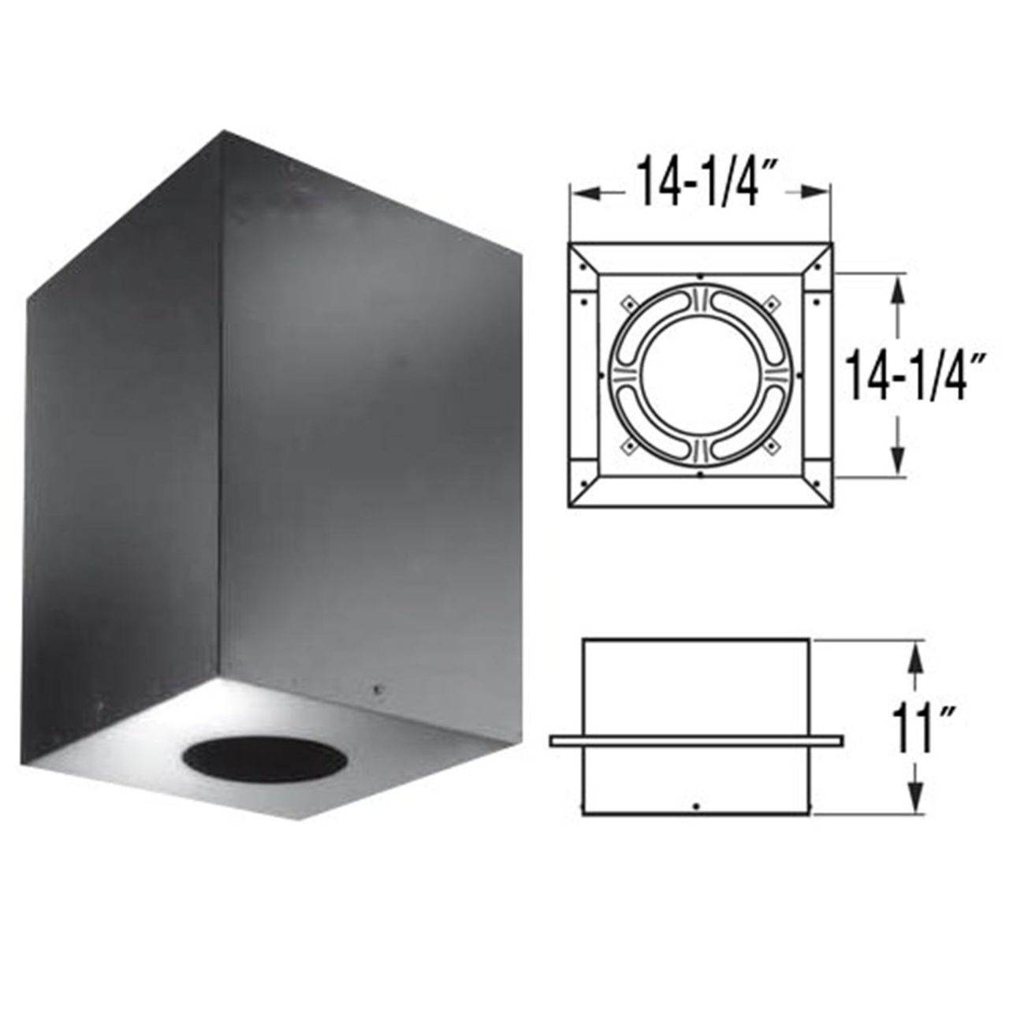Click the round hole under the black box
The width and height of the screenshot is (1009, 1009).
point(265,761)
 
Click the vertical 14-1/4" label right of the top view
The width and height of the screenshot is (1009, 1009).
point(906,376)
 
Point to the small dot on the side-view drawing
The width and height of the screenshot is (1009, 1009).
point(694,806)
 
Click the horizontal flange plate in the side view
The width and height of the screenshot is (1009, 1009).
point(696,741)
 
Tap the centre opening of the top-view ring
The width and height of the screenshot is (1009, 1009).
point(699,373)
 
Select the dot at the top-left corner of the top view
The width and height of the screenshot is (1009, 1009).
point(581,266)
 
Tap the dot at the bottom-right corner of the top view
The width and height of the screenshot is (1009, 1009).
point(817,482)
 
